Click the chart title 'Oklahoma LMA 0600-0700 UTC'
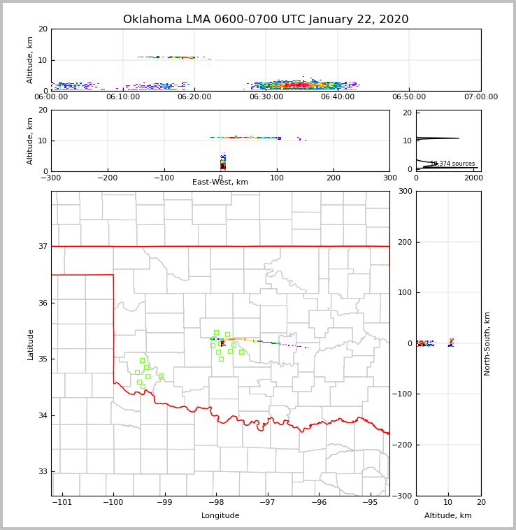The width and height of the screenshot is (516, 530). point(266,20)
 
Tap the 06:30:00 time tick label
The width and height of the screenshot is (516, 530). point(266,97)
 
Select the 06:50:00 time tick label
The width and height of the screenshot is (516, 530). point(409,97)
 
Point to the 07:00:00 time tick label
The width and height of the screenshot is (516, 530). point(481,97)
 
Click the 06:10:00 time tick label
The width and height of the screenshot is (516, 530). point(122,97)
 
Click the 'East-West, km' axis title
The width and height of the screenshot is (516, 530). point(220,182)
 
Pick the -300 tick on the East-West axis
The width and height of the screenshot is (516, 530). point(51,178)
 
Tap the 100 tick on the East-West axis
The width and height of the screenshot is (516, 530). point(277,178)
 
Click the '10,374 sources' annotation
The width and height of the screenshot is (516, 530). point(452,164)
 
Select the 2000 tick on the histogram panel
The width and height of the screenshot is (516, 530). point(473,178)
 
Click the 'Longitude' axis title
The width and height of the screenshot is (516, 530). point(220,516)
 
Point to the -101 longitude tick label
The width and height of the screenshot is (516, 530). point(62,503)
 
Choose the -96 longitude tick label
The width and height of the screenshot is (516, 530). point(319,503)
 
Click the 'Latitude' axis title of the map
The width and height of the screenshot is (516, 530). point(30,344)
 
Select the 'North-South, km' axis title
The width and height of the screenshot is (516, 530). point(487,344)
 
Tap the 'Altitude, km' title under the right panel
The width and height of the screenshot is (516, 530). point(448,516)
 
